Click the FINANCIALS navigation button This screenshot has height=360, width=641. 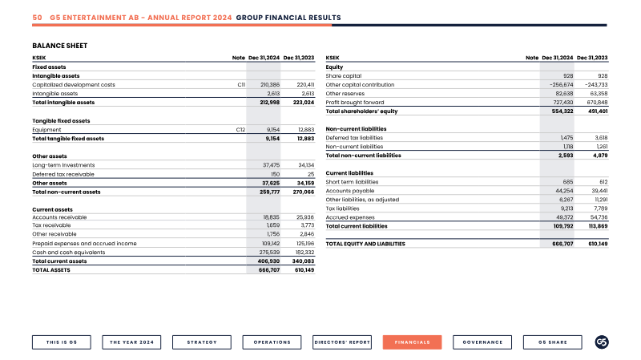[x=412, y=342]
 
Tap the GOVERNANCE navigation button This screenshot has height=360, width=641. [x=482, y=342]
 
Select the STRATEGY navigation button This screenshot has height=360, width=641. [x=202, y=342]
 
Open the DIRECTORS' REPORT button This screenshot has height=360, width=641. [x=342, y=342]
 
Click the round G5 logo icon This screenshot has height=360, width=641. [x=602, y=342]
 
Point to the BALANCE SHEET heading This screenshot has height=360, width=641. [x=59, y=46]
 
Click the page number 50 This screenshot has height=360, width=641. [x=37, y=18]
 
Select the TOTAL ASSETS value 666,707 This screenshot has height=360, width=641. [x=269, y=270]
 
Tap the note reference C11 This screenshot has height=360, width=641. [x=241, y=85]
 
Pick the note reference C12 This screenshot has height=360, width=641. [x=241, y=130]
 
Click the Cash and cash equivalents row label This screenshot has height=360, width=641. [x=69, y=253]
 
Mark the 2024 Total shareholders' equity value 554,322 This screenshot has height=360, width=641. [x=562, y=111]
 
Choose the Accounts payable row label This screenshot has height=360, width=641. [x=350, y=191]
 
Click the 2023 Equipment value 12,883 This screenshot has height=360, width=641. [x=306, y=130]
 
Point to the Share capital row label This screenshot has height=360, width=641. [x=344, y=76]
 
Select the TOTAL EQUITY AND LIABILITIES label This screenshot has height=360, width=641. [x=365, y=244]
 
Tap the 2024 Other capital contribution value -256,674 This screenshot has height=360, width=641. [x=562, y=85]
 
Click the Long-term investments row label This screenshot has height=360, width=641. [x=63, y=165]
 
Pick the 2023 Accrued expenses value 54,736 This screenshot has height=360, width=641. [x=599, y=217]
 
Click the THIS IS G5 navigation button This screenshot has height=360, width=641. [x=62, y=342]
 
